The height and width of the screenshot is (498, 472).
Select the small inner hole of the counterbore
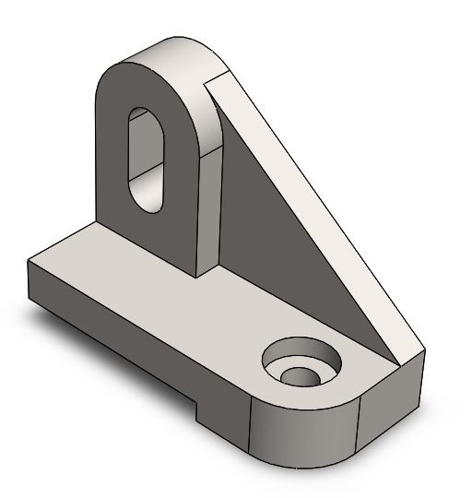pyautogui.click(x=299, y=376)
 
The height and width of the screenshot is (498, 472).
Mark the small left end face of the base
pyautogui.click(x=32, y=286)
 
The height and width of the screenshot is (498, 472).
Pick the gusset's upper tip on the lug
pyautogui.click(x=217, y=78)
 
